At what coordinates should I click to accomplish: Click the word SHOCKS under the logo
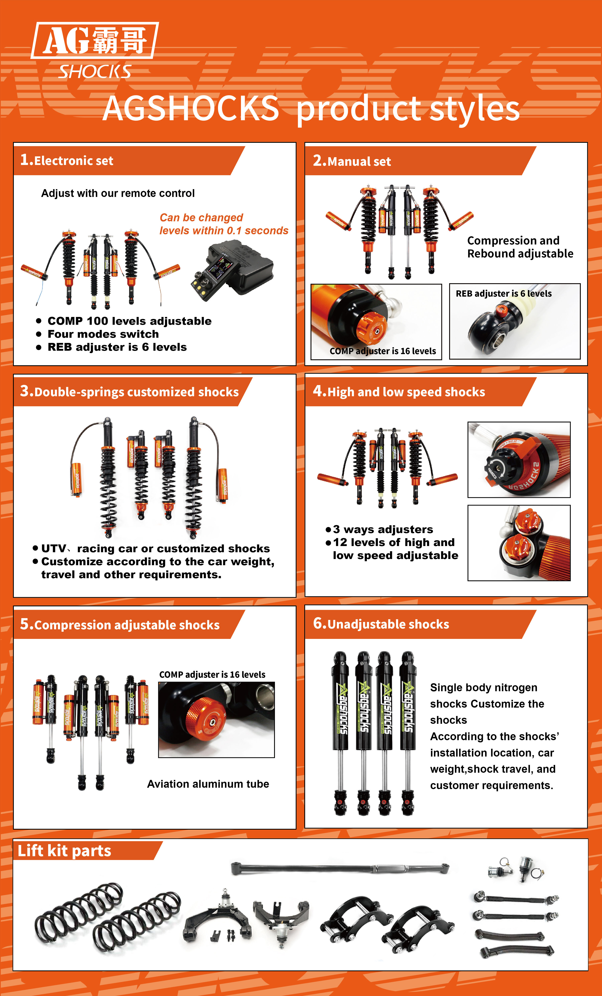point(95,71)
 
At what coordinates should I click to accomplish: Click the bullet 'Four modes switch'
point(103,334)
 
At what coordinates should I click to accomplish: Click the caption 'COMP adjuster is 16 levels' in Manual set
point(382,351)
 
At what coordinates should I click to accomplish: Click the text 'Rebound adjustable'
point(520,253)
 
